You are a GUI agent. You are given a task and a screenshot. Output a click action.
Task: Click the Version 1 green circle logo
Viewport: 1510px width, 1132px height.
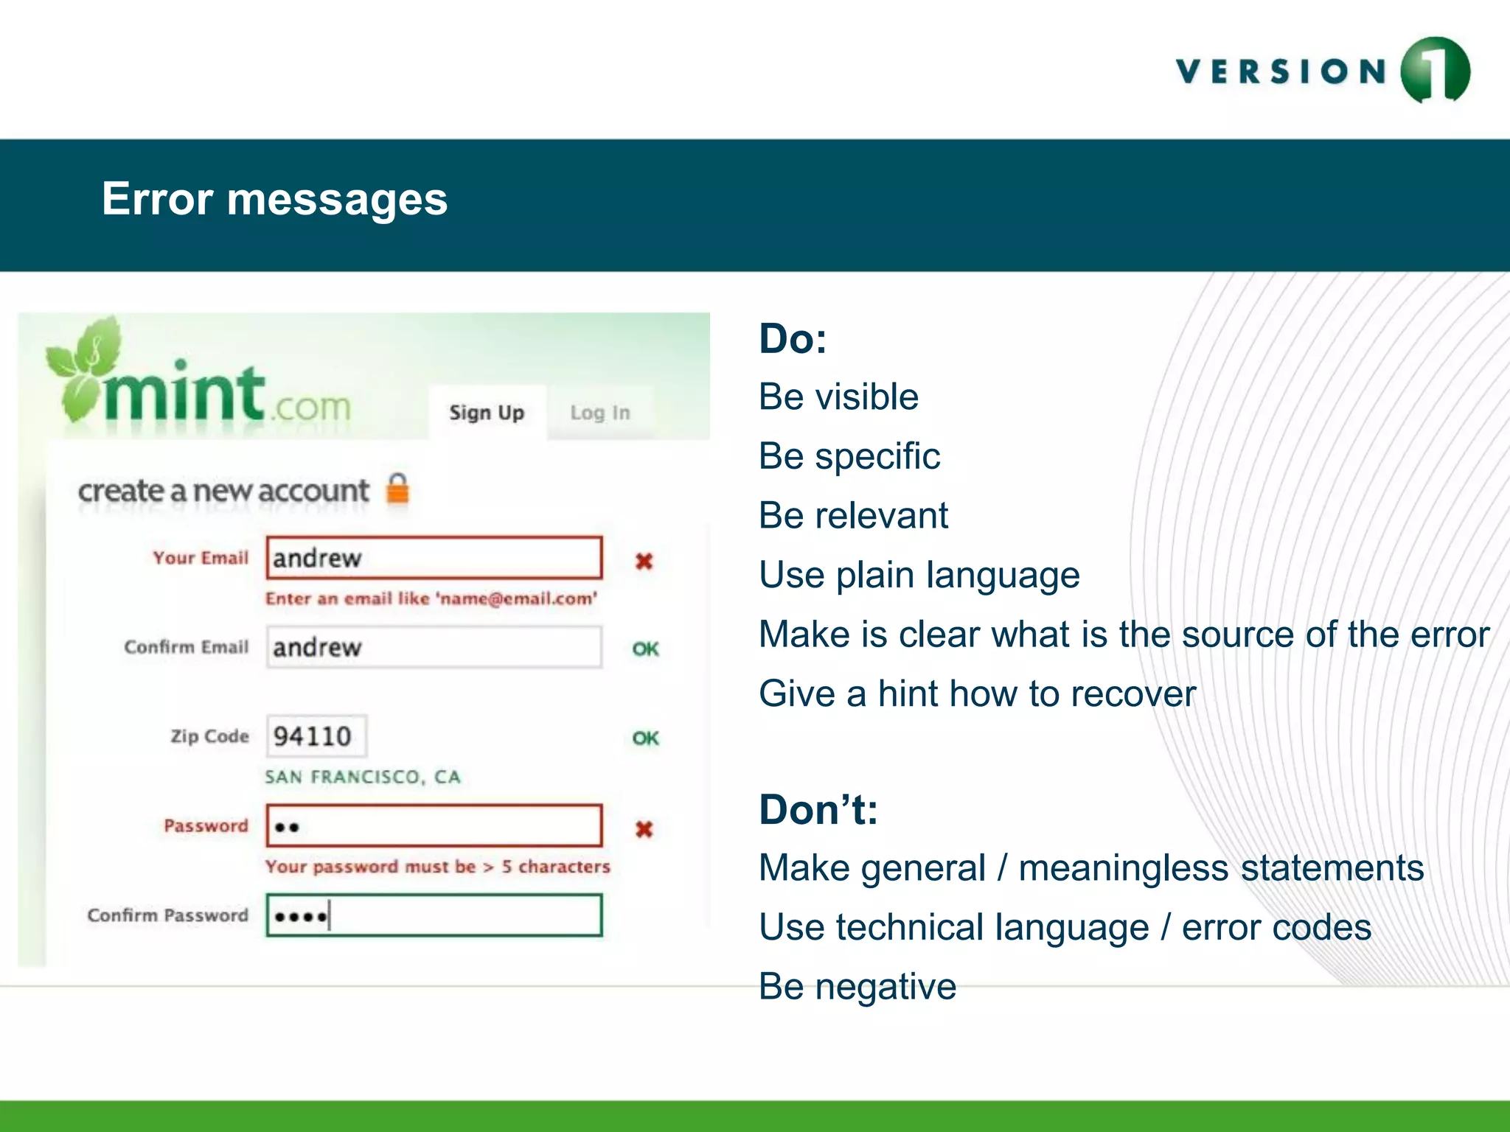[1435, 70]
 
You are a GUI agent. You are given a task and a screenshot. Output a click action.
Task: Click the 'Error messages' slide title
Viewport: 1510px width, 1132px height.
[274, 199]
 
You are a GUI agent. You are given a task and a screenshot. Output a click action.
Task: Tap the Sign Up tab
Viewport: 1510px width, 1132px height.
[487, 413]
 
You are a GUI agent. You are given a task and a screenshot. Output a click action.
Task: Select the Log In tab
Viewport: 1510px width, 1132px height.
[600, 413]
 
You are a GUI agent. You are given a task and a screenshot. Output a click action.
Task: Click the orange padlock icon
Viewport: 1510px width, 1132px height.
[398, 489]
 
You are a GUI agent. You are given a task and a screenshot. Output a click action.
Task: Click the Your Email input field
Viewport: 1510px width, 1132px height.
[434, 558]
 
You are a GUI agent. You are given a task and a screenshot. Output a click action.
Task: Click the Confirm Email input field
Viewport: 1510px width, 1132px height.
[434, 647]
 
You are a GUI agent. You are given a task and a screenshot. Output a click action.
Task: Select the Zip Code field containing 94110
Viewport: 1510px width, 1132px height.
[316, 736]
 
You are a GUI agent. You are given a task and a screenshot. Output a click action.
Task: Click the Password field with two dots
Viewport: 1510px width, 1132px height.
[434, 826]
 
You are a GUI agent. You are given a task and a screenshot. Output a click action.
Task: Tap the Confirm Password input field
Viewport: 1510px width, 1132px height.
[434, 915]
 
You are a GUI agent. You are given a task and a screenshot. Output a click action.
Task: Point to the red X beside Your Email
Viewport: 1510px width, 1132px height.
[644, 562]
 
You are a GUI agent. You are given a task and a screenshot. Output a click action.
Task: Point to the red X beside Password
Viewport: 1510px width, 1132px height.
[644, 829]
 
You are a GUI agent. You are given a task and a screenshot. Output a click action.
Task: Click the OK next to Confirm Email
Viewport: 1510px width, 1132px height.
[645, 649]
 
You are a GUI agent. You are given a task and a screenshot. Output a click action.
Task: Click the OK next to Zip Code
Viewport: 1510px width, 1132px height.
[645, 738]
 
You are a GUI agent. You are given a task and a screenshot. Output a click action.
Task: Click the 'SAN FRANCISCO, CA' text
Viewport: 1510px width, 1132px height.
[363, 777]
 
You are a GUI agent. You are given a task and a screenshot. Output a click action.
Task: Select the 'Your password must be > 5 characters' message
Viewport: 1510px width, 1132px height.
[438, 867]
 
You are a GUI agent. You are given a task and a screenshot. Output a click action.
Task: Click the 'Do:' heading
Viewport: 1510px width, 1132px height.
[793, 339]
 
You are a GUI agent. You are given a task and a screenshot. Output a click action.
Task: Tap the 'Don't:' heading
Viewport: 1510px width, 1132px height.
[818, 810]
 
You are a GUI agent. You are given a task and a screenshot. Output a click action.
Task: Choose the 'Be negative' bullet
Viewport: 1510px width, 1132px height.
[857, 987]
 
